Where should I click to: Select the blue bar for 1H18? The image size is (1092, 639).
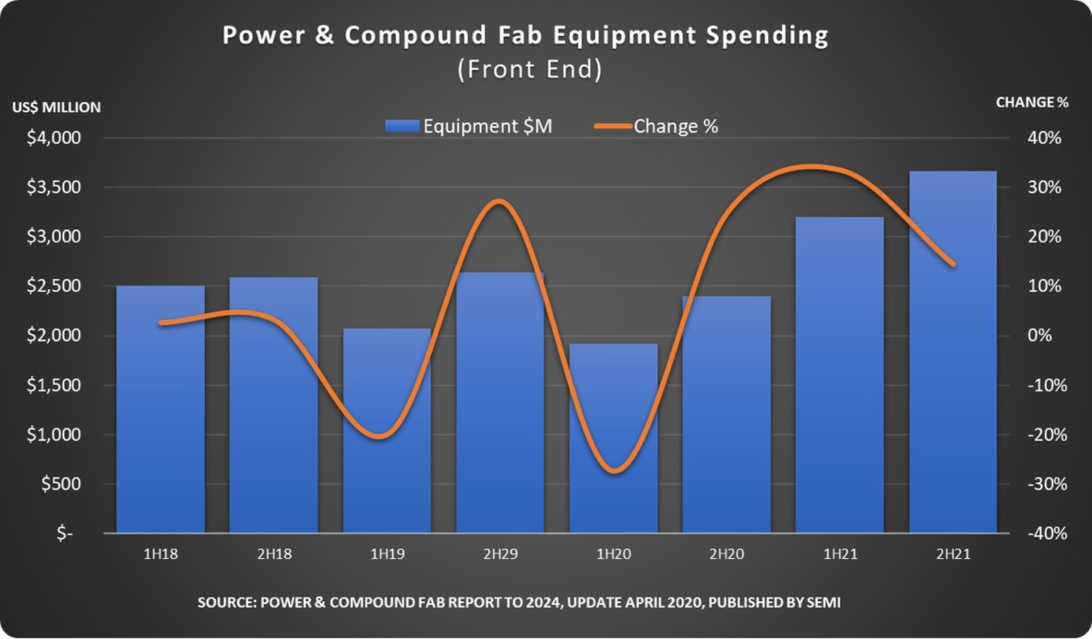pyautogui.click(x=160, y=409)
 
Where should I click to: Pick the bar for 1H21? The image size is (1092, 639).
pyautogui.click(x=839, y=375)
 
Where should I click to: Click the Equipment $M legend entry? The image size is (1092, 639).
pyautogui.click(x=469, y=126)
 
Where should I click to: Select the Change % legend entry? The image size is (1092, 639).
pyautogui.click(x=657, y=126)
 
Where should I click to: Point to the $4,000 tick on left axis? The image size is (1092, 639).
pyautogui.click(x=54, y=138)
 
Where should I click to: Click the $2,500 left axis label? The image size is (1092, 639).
pyautogui.click(x=54, y=286)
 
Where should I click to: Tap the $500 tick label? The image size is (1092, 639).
pyautogui.click(x=61, y=484)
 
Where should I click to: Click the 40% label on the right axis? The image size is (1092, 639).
pyautogui.click(x=1044, y=138)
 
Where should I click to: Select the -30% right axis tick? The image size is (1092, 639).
pyautogui.click(x=1047, y=484)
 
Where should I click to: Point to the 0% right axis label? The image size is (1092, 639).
pyautogui.click(x=1040, y=336)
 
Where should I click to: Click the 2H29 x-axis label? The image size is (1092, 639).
pyautogui.click(x=500, y=554)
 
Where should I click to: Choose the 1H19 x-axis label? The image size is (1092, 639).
pyautogui.click(x=387, y=554)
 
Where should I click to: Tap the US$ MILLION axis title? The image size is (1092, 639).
pyautogui.click(x=56, y=107)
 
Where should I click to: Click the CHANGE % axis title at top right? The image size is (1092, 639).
pyautogui.click(x=1032, y=102)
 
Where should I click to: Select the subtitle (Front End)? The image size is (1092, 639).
pyautogui.click(x=530, y=69)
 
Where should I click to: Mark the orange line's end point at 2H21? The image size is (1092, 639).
pyautogui.click(x=953, y=265)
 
